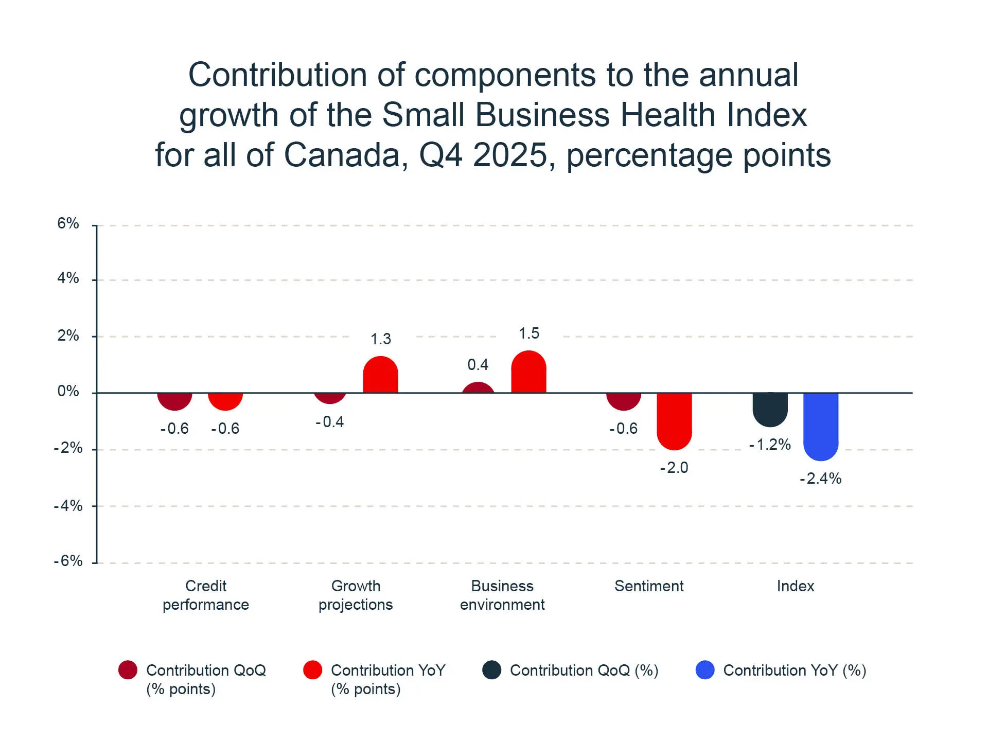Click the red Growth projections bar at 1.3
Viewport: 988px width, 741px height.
click(x=380, y=375)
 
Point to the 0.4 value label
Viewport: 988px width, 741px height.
click(x=478, y=365)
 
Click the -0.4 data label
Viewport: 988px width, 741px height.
click(x=329, y=422)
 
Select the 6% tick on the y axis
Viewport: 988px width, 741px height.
click(x=68, y=223)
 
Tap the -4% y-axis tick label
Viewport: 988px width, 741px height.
click(x=68, y=506)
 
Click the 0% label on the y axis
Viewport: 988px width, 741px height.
click(x=68, y=391)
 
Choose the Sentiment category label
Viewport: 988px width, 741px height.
click(x=649, y=586)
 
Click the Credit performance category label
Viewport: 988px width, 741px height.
click(x=206, y=595)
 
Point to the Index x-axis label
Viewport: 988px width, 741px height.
click(x=795, y=586)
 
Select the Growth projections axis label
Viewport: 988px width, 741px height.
click(x=356, y=595)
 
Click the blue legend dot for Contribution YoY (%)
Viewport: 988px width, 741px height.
click(x=705, y=670)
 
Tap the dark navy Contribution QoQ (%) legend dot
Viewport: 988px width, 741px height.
click(x=491, y=670)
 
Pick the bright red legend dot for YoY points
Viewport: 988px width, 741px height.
click(x=312, y=670)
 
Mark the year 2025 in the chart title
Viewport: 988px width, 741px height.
click(x=509, y=155)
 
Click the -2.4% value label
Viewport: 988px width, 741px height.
click(x=820, y=479)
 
